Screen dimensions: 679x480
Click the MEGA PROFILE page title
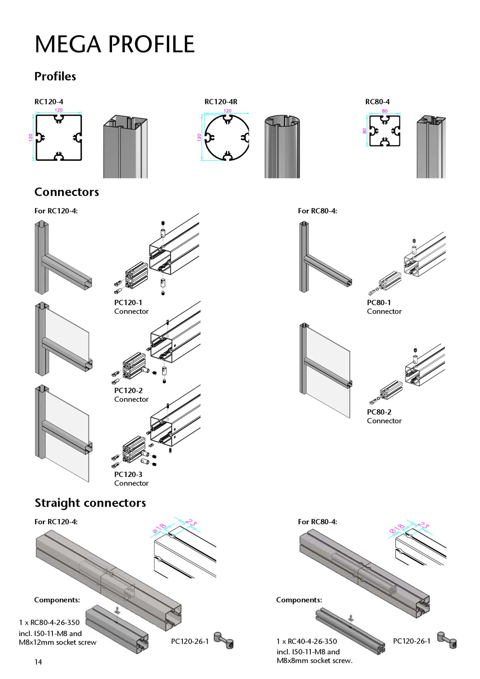[114, 44]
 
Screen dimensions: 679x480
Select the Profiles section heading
[55, 76]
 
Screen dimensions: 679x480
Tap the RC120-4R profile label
[221, 102]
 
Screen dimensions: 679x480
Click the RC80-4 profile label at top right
[377, 102]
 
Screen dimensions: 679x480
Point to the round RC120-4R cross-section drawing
[227, 138]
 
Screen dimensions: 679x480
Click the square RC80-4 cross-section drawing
[384, 131]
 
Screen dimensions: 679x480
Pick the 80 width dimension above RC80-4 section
[385, 111]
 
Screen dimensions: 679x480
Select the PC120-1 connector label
[128, 302]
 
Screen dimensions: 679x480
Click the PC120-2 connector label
[128, 391]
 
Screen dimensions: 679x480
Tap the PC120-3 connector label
[128, 474]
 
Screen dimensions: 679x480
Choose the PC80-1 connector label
[379, 302]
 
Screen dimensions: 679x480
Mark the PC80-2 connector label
[379, 412]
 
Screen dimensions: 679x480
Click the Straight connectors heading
[90, 503]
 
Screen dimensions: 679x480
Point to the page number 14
[38, 662]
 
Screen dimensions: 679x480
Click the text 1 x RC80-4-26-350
[49, 623]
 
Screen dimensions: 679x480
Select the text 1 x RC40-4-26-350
[307, 641]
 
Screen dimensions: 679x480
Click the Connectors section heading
[67, 192]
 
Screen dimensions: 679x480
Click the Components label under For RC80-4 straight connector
[299, 600]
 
